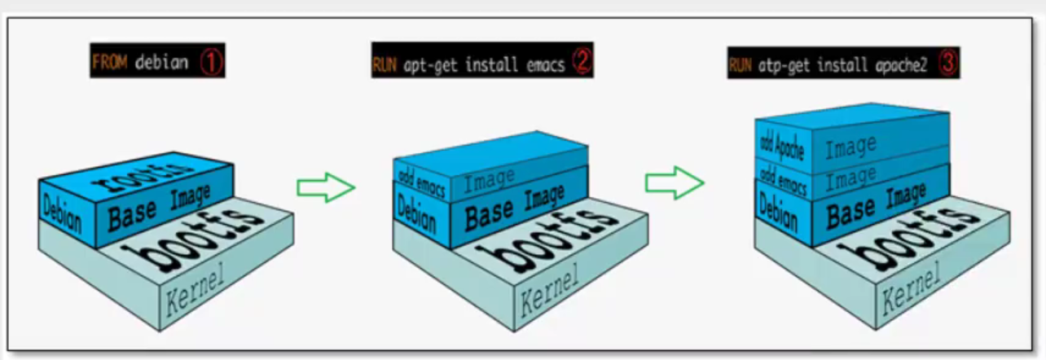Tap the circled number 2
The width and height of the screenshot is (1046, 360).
(581, 62)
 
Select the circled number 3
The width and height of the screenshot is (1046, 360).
(947, 62)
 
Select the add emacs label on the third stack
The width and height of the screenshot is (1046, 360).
(782, 180)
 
